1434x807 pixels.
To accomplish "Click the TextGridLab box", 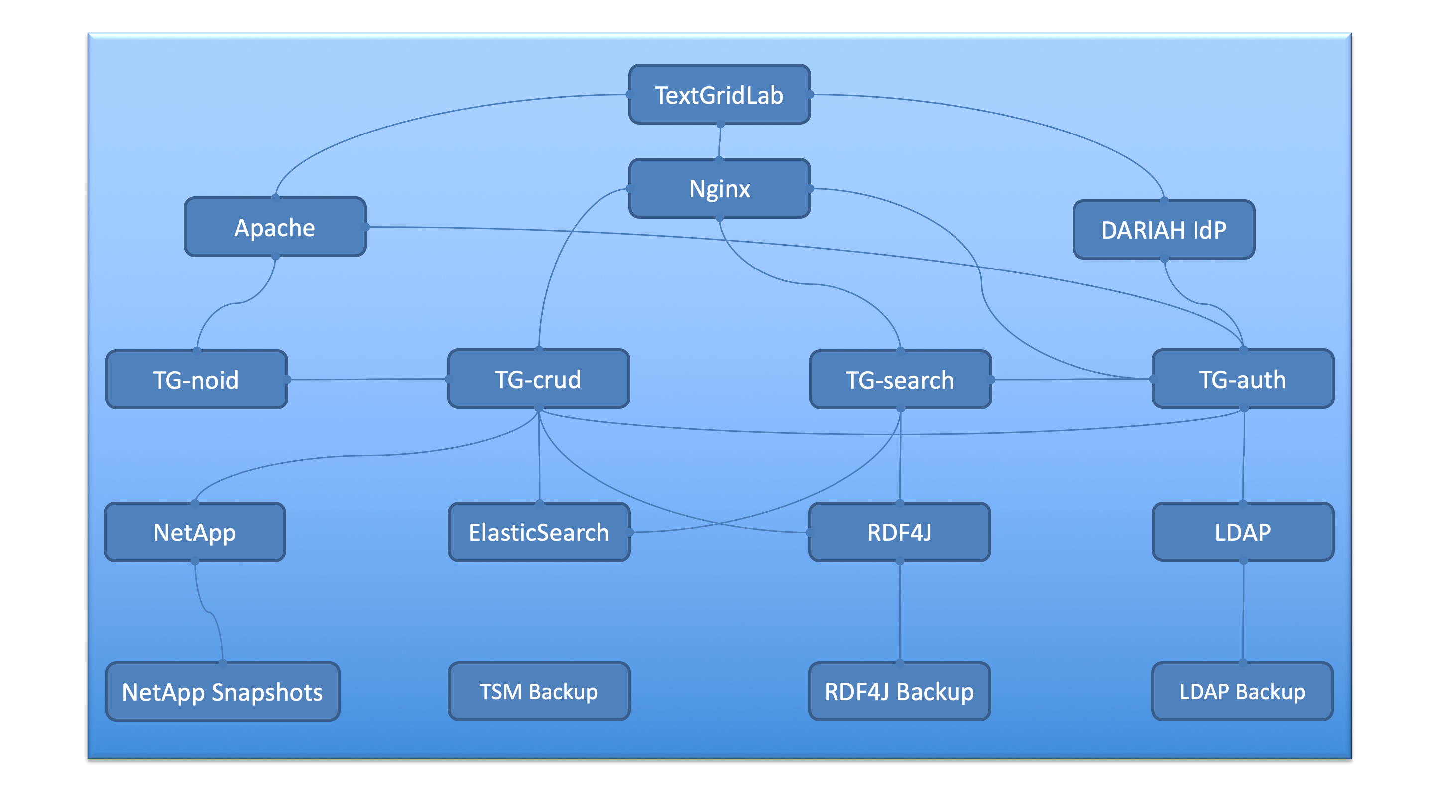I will click(x=719, y=95).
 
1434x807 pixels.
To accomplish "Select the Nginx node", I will click(x=719, y=189).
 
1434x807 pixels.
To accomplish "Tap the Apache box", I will click(x=275, y=227).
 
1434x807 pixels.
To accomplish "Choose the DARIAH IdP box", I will click(x=1164, y=230).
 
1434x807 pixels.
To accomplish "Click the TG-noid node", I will click(x=197, y=380).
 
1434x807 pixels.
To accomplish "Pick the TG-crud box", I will click(x=538, y=379).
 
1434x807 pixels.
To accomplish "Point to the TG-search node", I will click(x=900, y=380).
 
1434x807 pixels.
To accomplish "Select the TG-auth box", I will click(x=1242, y=379).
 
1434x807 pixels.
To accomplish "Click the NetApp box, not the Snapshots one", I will click(x=195, y=533).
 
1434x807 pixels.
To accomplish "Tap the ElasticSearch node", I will click(x=539, y=533).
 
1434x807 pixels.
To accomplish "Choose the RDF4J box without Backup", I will click(x=900, y=533).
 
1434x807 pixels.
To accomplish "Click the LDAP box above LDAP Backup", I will click(x=1242, y=533).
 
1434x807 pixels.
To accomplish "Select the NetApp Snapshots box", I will click(x=223, y=692).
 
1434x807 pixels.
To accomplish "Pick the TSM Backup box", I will click(x=539, y=692).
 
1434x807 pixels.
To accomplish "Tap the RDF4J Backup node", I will click(x=900, y=692).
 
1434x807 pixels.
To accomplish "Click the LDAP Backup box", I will click(x=1242, y=692).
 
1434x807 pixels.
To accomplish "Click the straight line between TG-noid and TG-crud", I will click(x=367, y=380).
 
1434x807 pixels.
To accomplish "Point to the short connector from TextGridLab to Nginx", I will click(x=720, y=141).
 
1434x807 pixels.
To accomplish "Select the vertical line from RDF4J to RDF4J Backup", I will click(x=900, y=613).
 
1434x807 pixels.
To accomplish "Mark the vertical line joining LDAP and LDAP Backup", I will click(x=1243, y=613).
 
